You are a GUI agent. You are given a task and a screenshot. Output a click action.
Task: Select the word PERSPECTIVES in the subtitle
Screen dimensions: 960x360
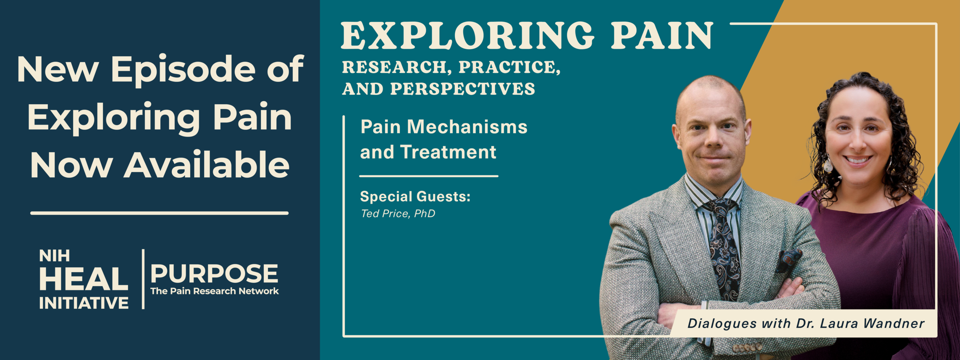point(463,89)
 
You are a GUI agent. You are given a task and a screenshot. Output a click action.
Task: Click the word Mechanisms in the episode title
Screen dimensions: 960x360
point(467,127)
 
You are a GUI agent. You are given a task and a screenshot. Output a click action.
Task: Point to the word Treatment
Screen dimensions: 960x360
point(448,152)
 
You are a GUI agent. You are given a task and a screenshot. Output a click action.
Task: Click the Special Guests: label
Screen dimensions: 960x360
point(415,196)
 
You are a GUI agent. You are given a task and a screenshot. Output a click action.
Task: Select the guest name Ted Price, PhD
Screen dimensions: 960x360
point(398,214)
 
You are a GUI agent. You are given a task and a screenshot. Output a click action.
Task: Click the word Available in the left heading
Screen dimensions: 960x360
point(207,165)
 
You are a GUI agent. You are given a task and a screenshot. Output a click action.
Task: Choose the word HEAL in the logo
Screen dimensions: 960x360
point(84,279)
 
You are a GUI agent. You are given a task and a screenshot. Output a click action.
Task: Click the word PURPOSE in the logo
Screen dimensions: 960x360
point(214,274)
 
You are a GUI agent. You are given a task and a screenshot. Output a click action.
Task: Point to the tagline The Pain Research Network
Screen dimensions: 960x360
point(214,291)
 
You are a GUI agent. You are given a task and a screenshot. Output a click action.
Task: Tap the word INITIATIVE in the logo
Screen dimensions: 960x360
point(84,303)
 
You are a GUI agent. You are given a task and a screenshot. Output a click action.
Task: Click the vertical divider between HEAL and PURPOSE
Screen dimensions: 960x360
point(143,279)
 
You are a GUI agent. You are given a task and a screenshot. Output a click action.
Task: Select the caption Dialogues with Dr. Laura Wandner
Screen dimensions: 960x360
point(806,323)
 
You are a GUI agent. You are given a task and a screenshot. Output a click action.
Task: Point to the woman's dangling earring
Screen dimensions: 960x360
point(828,165)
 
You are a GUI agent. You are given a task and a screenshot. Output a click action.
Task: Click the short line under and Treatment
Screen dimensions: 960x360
point(429,176)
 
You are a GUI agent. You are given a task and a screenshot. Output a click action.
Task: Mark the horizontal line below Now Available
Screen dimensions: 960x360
point(160,213)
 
